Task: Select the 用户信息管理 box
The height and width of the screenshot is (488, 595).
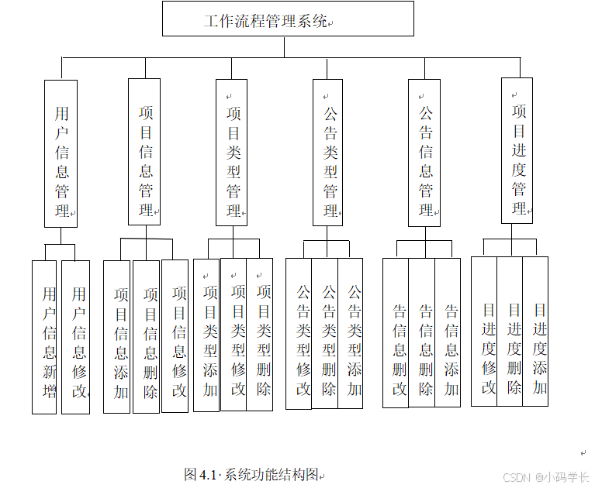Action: tap(61, 153)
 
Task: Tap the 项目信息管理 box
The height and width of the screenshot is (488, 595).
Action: tap(144, 152)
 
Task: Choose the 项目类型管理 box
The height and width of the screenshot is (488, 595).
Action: tap(232, 152)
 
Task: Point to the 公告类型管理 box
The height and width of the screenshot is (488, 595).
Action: tap(328, 153)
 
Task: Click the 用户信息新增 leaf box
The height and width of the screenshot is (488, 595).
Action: tap(44, 337)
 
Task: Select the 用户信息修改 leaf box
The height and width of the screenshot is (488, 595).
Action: tap(75, 337)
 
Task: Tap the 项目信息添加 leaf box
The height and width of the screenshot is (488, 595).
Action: tap(117, 336)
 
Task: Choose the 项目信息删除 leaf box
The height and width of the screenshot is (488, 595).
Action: tap(147, 336)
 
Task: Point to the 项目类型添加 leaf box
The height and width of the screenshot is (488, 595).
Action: tap(207, 334)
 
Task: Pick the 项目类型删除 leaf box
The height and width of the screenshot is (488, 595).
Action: tap(260, 334)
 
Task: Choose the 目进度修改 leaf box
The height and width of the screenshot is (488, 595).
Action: tap(485, 332)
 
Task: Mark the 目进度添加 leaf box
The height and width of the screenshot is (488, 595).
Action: tap(535, 332)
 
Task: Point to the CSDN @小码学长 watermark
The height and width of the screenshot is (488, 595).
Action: tap(545, 477)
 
